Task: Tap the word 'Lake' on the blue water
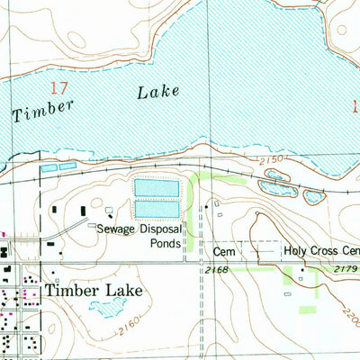(x=159, y=92)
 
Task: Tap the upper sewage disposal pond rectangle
(x=157, y=188)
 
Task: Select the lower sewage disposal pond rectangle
(x=157, y=209)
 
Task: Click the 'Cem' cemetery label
(x=223, y=252)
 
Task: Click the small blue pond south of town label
(x=106, y=309)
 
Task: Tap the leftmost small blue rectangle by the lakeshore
(x=48, y=167)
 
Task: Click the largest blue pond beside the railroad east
(x=275, y=187)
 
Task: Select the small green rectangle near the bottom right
(x=307, y=310)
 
